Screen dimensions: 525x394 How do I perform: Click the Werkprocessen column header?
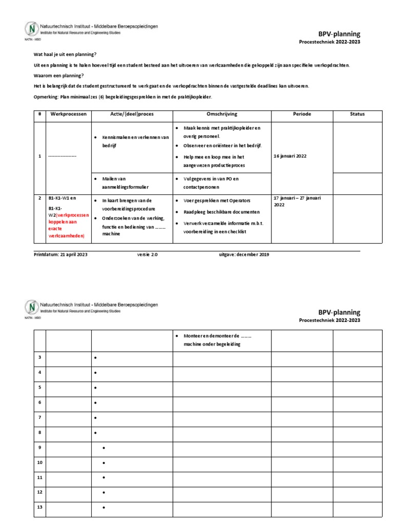68,114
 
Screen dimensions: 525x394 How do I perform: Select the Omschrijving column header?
222,114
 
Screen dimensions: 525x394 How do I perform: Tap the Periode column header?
302,114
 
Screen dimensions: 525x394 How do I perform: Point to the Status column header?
357,114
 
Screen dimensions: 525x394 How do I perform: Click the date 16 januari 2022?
290,156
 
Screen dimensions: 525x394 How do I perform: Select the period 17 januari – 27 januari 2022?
301,201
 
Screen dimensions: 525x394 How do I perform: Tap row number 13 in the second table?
40,507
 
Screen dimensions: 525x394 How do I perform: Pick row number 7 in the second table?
40,417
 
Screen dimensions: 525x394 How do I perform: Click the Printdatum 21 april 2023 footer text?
61,254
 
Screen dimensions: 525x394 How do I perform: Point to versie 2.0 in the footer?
148,254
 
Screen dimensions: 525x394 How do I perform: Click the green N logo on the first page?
32,28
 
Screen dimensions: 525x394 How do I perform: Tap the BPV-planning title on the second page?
339,312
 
